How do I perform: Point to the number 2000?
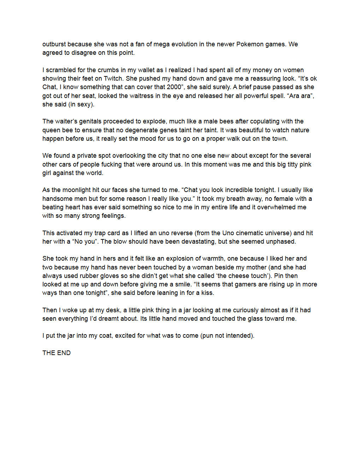point(173,87)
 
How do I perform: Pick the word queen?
point(51,130)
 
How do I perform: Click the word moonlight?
point(76,190)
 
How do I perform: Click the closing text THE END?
point(57,353)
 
